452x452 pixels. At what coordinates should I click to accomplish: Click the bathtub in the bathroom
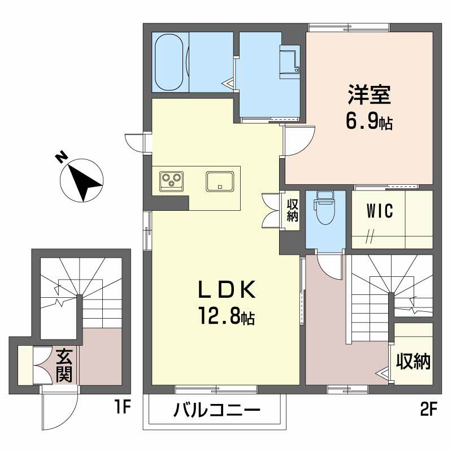tap(169, 62)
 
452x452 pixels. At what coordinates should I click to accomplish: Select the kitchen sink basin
tap(220, 181)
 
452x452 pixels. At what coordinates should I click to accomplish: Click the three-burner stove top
tap(172, 181)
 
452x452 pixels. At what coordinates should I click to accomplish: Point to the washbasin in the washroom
tap(290, 62)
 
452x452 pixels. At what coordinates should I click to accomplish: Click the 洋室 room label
tap(370, 94)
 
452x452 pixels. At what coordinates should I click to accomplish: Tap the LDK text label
tap(227, 289)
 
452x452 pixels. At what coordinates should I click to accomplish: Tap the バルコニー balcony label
tap(217, 410)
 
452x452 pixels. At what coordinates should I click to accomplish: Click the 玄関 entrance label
tap(64, 366)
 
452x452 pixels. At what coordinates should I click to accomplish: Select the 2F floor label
tap(429, 409)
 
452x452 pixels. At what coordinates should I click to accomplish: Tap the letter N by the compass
tap(62, 158)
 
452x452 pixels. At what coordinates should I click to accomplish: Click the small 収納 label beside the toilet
tap(292, 211)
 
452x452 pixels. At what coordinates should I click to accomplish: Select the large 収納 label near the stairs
tap(413, 361)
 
